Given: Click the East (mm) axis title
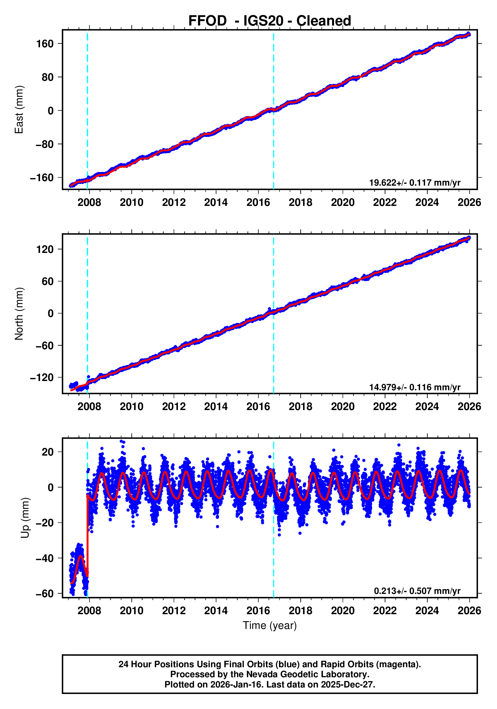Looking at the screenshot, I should coord(19,110).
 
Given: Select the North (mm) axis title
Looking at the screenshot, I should coord(19,314).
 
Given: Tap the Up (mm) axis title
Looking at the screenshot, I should coord(25,518).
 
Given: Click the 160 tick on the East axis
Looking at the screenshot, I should coord(45,44).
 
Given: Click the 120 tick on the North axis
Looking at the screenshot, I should coord(45,249).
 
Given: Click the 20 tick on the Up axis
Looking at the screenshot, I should coord(48,452).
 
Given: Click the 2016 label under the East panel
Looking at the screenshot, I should coord(258,203).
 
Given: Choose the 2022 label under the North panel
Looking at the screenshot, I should coord(385,407).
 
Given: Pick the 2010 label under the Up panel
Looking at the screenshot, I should coord(132,611).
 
